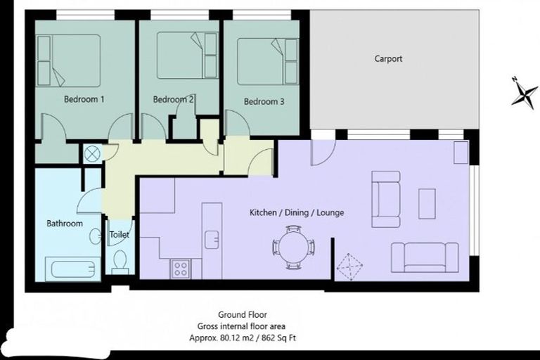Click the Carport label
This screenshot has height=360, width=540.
[388, 59]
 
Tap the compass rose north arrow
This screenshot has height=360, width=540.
[524, 92]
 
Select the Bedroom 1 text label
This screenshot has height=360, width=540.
[84, 100]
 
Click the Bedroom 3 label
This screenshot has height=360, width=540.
[264, 101]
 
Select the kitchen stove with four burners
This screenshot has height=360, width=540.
[181, 268]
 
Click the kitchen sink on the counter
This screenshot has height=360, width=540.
[211, 239]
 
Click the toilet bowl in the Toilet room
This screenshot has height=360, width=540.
[119, 262]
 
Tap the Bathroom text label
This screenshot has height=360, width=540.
[65, 224]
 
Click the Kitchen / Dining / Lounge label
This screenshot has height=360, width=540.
[297, 212]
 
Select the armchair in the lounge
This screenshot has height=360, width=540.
[385, 199]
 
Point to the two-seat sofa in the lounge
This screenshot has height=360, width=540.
[425, 257]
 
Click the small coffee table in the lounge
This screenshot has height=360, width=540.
[427, 203]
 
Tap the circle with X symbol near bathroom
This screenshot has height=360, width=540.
[92, 153]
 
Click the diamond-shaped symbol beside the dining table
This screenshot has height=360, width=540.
[349, 268]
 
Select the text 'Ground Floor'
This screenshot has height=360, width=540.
[243, 315]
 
